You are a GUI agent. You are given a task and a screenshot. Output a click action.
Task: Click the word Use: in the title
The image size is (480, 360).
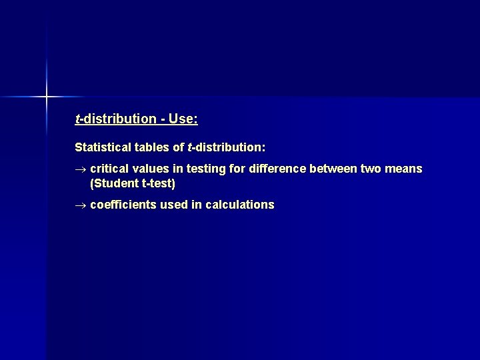(183, 119)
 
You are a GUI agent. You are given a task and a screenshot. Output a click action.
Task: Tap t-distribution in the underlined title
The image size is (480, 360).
(115, 119)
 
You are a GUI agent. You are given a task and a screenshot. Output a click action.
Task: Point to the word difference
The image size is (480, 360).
(275, 169)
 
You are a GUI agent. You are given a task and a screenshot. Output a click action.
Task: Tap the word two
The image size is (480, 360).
(372, 169)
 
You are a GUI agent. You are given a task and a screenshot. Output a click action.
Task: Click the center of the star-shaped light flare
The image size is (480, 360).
(47, 97)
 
